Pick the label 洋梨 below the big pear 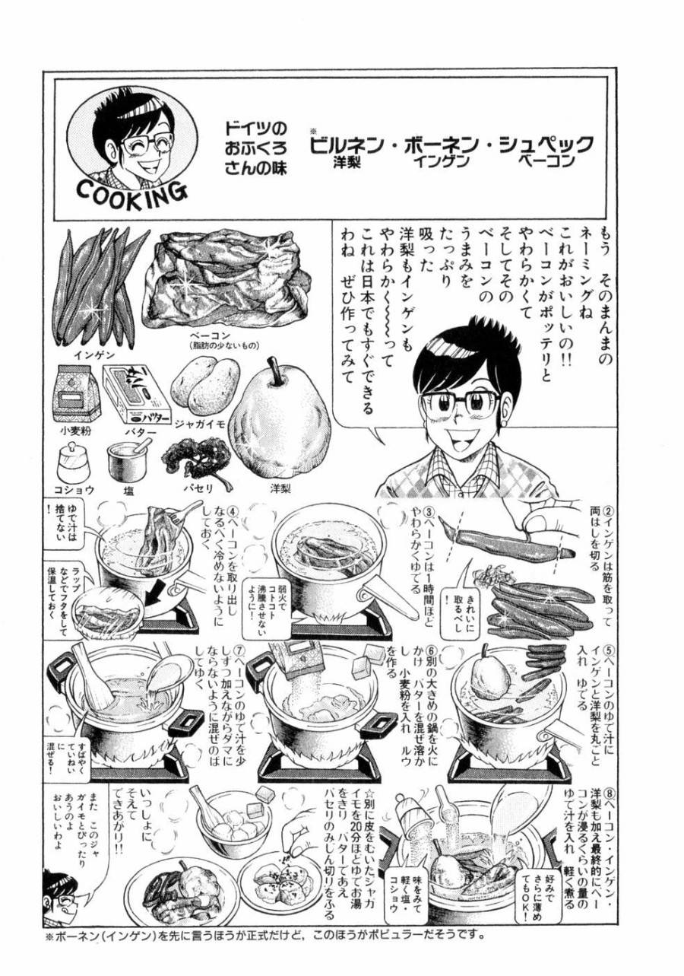tap(280, 487)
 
